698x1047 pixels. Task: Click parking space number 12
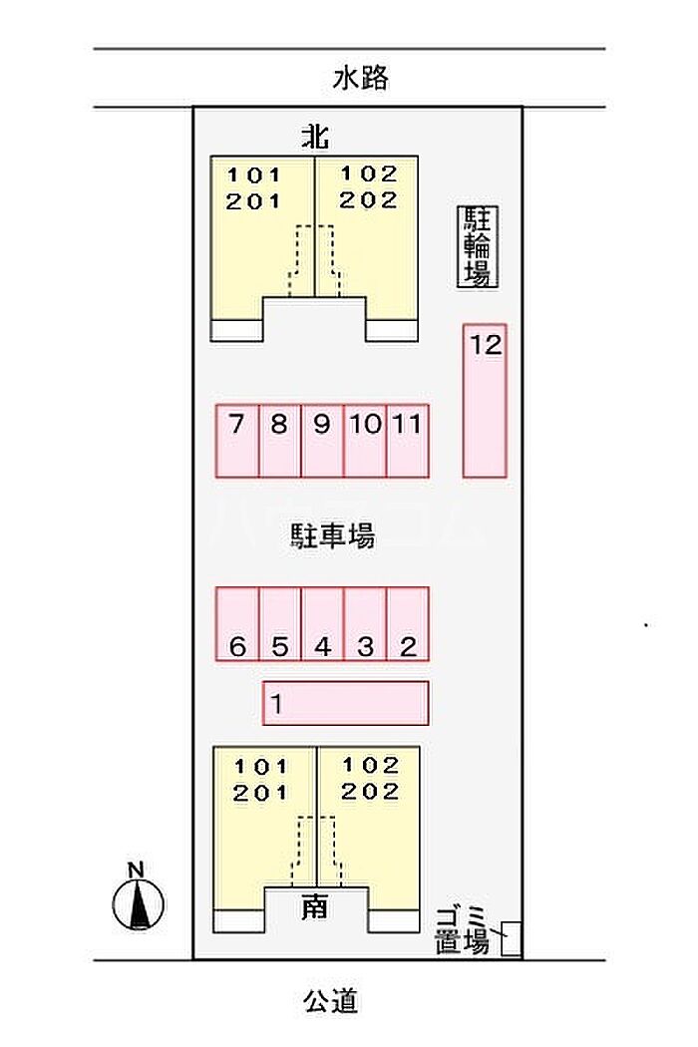pos(485,400)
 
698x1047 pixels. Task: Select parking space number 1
pos(345,703)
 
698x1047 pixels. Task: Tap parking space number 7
pos(237,440)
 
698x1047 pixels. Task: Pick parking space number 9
pos(322,440)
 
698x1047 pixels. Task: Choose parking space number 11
pos(407,440)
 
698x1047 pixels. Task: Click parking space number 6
pos(237,624)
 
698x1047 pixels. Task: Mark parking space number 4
pos(322,624)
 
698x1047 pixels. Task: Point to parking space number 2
pos(407,624)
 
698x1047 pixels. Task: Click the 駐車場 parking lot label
pos(332,536)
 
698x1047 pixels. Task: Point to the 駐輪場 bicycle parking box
pos(479,247)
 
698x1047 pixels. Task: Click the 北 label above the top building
pos(315,137)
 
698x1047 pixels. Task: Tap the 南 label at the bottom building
pos(315,907)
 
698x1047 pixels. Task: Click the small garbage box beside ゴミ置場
pos(512,938)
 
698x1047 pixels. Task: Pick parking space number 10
pos(365,440)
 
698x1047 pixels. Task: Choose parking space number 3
pos(365,624)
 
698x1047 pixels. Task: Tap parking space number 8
pos(279,440)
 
